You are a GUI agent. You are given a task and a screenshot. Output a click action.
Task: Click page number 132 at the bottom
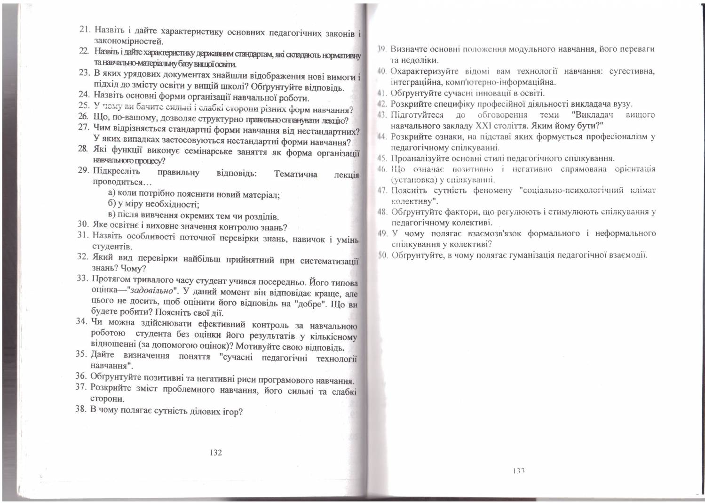pyautogui.click(x=215, y=453)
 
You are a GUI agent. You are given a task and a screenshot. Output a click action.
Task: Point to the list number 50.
pyautogui.click(x=382, y=255)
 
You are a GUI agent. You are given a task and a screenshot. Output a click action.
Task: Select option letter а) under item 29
pyautogui.click(x=112, y=193)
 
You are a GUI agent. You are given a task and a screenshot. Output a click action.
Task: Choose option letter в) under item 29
pyautogui.click(x=111, y=216)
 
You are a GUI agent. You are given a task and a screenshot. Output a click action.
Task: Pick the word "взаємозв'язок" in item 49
pyautogui.click(x=491, y=233)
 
